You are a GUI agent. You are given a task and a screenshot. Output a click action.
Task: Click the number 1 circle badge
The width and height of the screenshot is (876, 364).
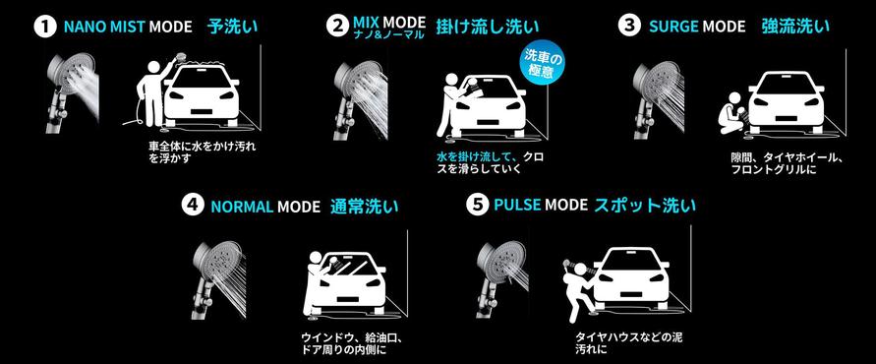point(45,28)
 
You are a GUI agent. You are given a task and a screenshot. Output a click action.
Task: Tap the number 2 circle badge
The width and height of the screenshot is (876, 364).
point(337,27)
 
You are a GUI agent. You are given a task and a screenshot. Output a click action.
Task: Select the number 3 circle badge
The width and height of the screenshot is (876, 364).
point(629,26)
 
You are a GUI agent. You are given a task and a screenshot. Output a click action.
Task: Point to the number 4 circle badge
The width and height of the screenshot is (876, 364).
point(192,206)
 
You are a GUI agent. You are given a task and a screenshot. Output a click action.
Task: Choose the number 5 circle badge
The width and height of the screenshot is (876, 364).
point(476,206)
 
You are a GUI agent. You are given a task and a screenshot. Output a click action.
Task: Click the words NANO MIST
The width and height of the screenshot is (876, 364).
point(104,27)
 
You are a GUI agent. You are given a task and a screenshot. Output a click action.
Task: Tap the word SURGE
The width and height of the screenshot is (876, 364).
point(673,27)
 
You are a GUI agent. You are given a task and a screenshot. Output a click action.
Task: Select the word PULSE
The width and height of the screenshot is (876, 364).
point(517,206)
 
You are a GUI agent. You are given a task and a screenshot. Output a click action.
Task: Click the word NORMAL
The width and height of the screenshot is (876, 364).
point(241,207)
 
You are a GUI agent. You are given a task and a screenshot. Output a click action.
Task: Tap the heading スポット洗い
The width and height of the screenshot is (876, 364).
point(644,205)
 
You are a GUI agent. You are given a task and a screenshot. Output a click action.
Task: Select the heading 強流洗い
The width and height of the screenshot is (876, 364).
point(795,27)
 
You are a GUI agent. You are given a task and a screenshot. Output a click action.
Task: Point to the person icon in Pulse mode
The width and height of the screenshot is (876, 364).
point(577,291)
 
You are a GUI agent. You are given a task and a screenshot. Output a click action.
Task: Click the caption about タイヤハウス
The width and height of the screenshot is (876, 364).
point(628,344)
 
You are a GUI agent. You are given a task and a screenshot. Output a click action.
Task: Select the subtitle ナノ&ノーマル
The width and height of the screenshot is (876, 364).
point(387,34)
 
